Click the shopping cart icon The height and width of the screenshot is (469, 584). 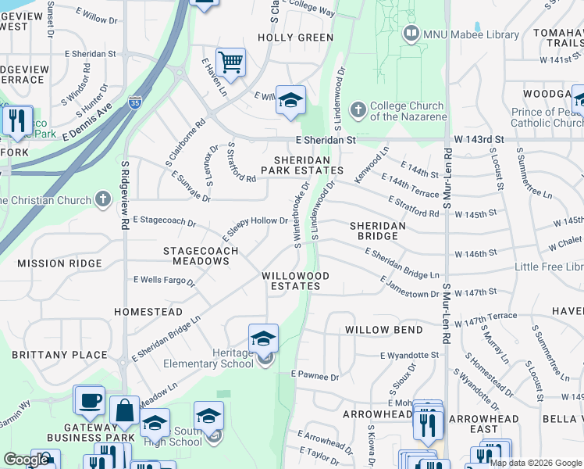point(230,62)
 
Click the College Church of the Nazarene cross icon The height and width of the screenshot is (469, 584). point(358,107)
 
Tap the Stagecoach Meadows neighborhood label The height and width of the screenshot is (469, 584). point(195,256)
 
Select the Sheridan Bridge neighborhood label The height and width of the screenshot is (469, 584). point(377,231)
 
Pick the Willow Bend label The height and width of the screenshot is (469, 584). point(384,330)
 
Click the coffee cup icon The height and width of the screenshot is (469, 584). point(88,399)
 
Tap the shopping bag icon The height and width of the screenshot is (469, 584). point(124,410)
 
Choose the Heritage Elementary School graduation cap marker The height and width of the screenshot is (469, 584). point(263,338)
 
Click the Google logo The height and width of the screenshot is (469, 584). point(26,460)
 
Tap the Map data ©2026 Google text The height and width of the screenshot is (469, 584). point(535,463)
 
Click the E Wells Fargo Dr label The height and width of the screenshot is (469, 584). point(164,279)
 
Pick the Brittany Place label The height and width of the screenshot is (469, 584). point(59,355)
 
